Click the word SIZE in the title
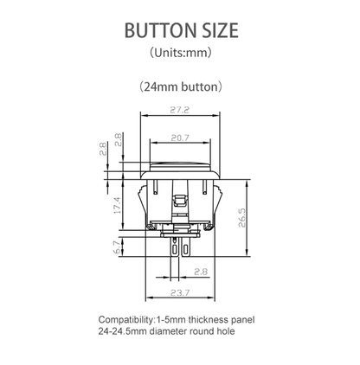click(x=212, y=31)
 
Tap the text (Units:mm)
click(x=180, y=53)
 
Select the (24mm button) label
click(x=180, y=86)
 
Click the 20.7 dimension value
click(x=180, y=138)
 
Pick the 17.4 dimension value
click(x=116, y=205)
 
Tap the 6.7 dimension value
click(x=116, y=247)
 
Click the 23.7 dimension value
click(x=180, y=293)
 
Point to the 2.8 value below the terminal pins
click(x=200, y=272)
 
